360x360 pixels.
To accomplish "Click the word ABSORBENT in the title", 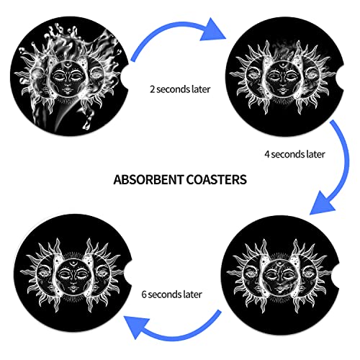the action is click(x=148, y=179).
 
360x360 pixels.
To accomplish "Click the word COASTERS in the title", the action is click(x=217, y=179).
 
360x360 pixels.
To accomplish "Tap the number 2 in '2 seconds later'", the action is click(x=152, y=89).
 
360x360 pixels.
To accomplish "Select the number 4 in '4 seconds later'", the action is click(x=267, y=154).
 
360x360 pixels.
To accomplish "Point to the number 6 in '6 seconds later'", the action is click(x=144, y=294).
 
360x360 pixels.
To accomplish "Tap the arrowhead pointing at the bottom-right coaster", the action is click(x=322, y=203).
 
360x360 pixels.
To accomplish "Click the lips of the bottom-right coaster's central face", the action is click(x=279, y=288).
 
